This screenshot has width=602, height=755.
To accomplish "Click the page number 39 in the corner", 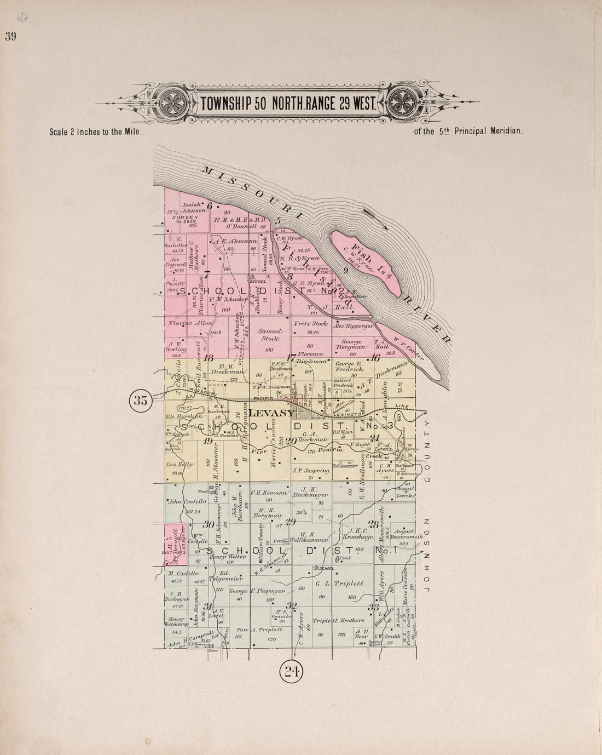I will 10,37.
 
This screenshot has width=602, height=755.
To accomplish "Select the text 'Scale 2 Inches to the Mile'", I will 96,132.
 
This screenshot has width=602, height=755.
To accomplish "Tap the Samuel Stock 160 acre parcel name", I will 269,335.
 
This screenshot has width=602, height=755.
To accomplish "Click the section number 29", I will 291,522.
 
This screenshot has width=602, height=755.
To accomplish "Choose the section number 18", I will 208,358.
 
